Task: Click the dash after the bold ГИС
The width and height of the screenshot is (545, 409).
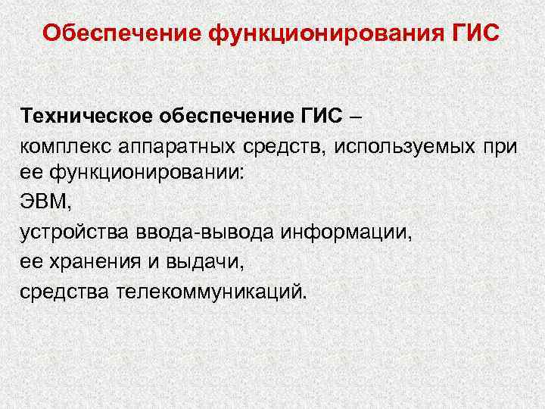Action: click(x=357, y=117)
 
